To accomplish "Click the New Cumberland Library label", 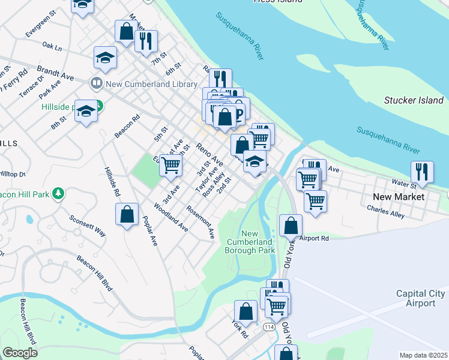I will (x=151, y=85).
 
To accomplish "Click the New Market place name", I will (x=398, y=197).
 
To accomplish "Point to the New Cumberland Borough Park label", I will (x=250, y=242).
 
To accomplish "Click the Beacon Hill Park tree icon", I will (x=58, y=194).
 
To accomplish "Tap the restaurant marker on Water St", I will (x=422, y=172).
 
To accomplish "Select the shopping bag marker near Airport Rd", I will (x=291, y=226).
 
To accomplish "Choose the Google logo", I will (x=20, y=353).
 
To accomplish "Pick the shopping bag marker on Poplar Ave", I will (x=127, y=214).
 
